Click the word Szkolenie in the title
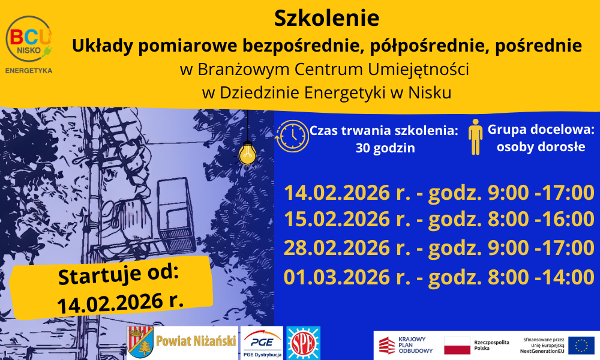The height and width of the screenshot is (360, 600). pos(326,18)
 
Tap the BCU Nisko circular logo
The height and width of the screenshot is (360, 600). pos(29,39)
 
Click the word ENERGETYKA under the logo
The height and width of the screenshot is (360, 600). pos(29,70)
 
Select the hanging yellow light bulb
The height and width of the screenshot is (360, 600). pos(248,154)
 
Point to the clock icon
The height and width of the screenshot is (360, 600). pos(292,136)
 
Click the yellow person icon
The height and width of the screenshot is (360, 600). pos(475,137)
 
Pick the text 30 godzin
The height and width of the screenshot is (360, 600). pos(385,148)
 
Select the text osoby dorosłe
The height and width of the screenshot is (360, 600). pos(541,147)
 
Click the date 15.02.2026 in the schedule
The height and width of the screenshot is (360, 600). pos(337,219)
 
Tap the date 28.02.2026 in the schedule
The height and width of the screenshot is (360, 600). pos(337,248)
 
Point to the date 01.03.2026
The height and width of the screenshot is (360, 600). pos(337,277)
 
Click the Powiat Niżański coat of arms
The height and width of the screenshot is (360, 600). pos(140,342)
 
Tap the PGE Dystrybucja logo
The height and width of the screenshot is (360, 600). pos(262,343)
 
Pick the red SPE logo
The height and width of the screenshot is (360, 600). pos(303,343)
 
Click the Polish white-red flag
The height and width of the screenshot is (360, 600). pos(457,346)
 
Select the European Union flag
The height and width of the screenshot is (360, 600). pos(581,345)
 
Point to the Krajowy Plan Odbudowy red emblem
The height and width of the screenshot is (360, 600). pos(387,345)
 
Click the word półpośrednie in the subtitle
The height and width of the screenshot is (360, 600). pos(424,46)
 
